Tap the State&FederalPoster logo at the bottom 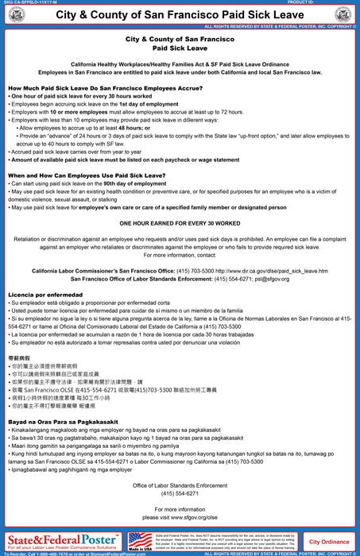(62, 541)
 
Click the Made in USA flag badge (140, 541)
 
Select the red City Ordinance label (329, 542)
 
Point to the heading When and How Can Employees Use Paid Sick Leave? (87, 175)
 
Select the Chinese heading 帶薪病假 (20, 359)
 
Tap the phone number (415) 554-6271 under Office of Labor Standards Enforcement (180, 493)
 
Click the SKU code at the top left (30, 2)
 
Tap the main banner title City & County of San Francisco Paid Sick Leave (180, 14)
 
